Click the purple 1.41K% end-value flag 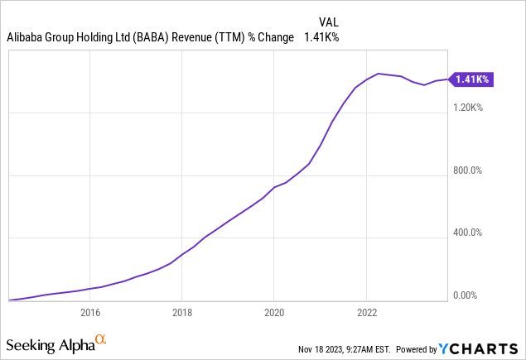(472, 79)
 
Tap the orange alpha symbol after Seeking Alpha (100, 340)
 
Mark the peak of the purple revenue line (379, 74)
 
